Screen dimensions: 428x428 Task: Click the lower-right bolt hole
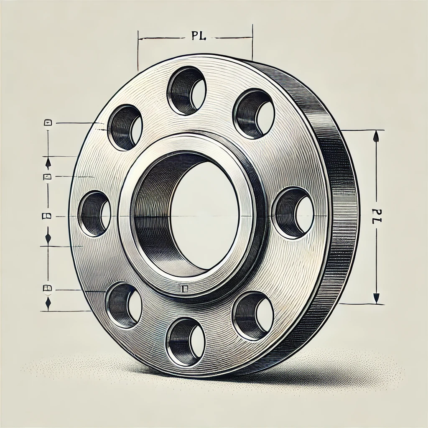(x=253, y=316)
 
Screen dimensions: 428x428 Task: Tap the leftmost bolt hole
(x=94, y=214)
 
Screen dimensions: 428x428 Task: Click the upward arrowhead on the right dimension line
(x=376, y=136)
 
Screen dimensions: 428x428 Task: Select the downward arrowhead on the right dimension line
(x=376, y=298)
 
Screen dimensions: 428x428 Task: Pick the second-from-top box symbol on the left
(x=48, y=176)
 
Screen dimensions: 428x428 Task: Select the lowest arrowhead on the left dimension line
(x=48, y=303)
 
